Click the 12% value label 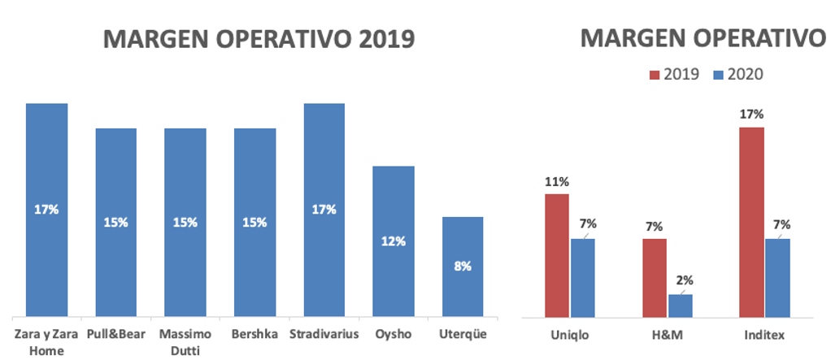point(394,241)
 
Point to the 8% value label point(463,266)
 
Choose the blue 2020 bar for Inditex point(777,277)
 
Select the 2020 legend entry point(737,75)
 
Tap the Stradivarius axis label point(324,334)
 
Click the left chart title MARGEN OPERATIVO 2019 point(258,39)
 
